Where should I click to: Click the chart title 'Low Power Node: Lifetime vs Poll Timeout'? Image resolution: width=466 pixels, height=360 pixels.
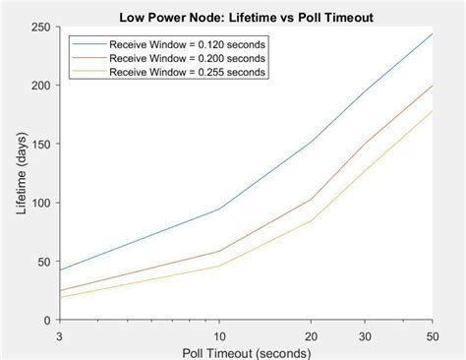coord(247,17)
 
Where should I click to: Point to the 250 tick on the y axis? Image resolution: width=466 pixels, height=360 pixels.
coord(41,27)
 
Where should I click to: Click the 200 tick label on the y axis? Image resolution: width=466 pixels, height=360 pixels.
coord(41,86)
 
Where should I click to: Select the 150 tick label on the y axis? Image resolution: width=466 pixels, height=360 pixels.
coord(41,145)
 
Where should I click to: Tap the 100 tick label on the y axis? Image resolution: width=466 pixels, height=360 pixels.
coord(41,203)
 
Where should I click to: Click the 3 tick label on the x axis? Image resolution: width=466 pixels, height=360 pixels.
coord(60,334)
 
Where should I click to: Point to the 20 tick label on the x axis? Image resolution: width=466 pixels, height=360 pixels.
coord(311,334)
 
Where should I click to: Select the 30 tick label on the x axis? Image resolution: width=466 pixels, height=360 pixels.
coord(365,334)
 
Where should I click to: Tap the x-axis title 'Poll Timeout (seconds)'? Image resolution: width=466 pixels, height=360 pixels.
coord(247,351)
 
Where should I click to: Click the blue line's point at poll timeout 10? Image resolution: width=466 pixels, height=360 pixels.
coord(218,209)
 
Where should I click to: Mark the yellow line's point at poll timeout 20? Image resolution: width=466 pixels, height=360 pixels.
coord(311,220)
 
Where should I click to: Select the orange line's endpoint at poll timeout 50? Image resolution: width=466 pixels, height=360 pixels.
coord(433,86)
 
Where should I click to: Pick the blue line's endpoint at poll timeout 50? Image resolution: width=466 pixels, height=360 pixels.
coord(433,33)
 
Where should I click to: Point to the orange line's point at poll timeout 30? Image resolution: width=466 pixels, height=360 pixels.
coord(365,143)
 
